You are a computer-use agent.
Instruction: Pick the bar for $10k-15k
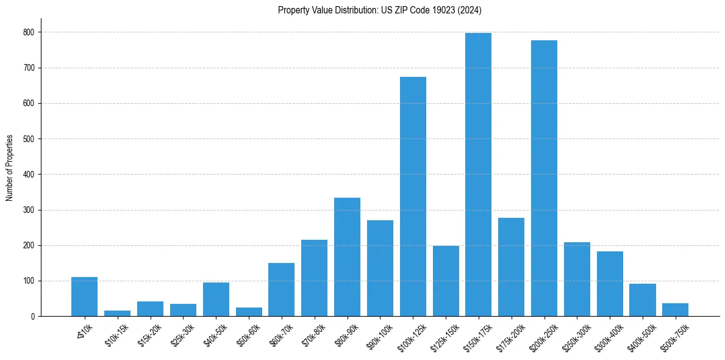pyautogui.click(x=117, y=313)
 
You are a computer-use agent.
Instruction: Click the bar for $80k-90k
pyautogui.click(x=347, y=257)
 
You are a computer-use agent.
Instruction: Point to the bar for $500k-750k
pyautogui.click(x=675, y=310)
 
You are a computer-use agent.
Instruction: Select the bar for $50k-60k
pyautogui.click(x=249, y=312)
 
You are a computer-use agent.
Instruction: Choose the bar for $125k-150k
pyautogui.click(x=446, y=281)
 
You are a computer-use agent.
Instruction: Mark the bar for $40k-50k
pyautogui.click(x=216, y=300)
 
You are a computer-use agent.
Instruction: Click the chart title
pyautogui.click(x=380, y=10)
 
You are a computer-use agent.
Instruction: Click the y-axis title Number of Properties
pyautogui.click(x=10, y=168)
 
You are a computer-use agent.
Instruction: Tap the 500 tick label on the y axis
pyautogui.click(x=29, y=139)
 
